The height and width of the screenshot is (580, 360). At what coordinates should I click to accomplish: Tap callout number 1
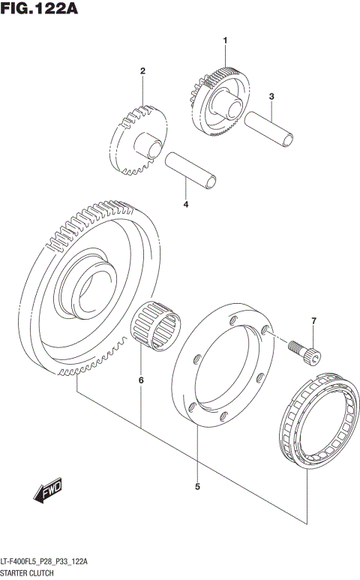(x=223, y=40)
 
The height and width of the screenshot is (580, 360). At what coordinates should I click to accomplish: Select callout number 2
(x=141, y=71)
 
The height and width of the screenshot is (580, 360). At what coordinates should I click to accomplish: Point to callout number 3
(x=271, y=96)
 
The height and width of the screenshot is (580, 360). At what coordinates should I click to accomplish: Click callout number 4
(x=185, y=203)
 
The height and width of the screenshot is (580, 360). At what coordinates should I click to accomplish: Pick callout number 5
(x=197, y=487)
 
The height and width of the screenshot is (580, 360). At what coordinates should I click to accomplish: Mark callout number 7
(x=314, y=322)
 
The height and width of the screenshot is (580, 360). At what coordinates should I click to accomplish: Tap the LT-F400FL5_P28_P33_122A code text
(x=46, y=562)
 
